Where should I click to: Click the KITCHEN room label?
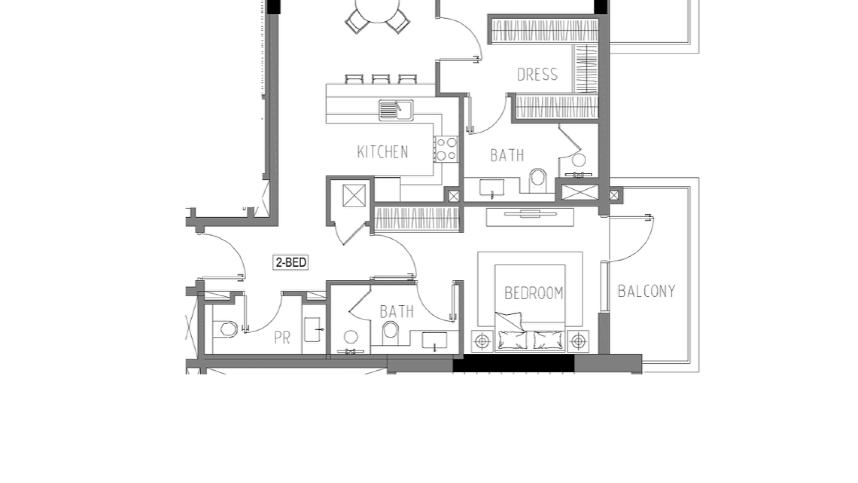coord(383,152)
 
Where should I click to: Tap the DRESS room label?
coord(537,75)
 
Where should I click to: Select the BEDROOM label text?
coord(534,293)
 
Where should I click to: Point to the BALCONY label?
coord(646,291)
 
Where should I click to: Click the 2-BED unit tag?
coord(291,262)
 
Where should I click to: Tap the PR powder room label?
coord(282,338)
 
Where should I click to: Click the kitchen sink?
coord(396,110)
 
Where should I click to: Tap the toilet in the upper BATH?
coord(538,180)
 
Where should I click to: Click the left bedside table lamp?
coord(482,342)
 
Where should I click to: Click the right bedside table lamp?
coord(578,342)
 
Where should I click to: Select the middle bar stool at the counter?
coord(381,79)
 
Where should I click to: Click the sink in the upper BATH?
coord(492,187)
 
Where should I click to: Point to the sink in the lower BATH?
coord(434,340)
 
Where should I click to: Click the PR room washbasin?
coord(313,330)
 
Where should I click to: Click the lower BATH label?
coord(396,312)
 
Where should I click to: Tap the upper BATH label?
coord(507,156)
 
